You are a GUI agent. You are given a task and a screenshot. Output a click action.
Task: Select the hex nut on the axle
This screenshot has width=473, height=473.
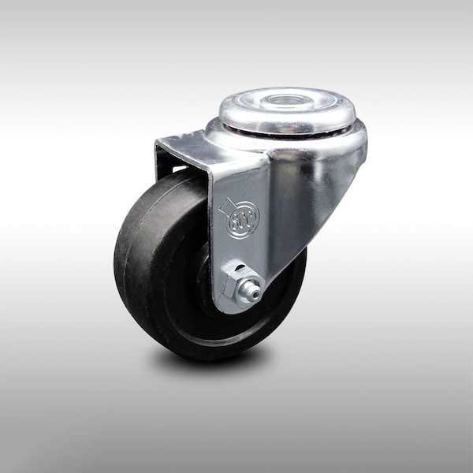coord(236,283)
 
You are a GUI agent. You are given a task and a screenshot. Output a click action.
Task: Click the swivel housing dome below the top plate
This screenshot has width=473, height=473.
coord(331,146)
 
